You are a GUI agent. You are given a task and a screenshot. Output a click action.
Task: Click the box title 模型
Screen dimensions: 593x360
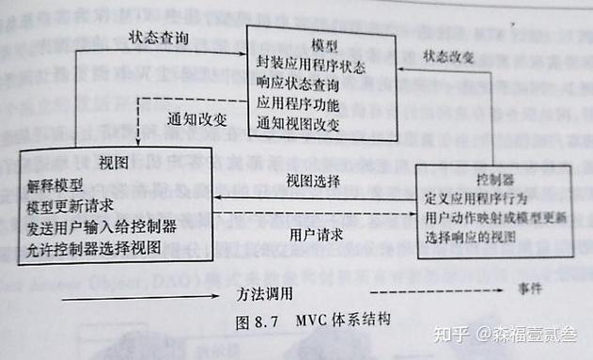(324, 44)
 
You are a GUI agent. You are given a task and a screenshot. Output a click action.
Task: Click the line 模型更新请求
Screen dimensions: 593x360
(70, 205)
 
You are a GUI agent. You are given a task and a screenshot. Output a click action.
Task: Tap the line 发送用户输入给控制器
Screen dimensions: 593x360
(101, 227)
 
